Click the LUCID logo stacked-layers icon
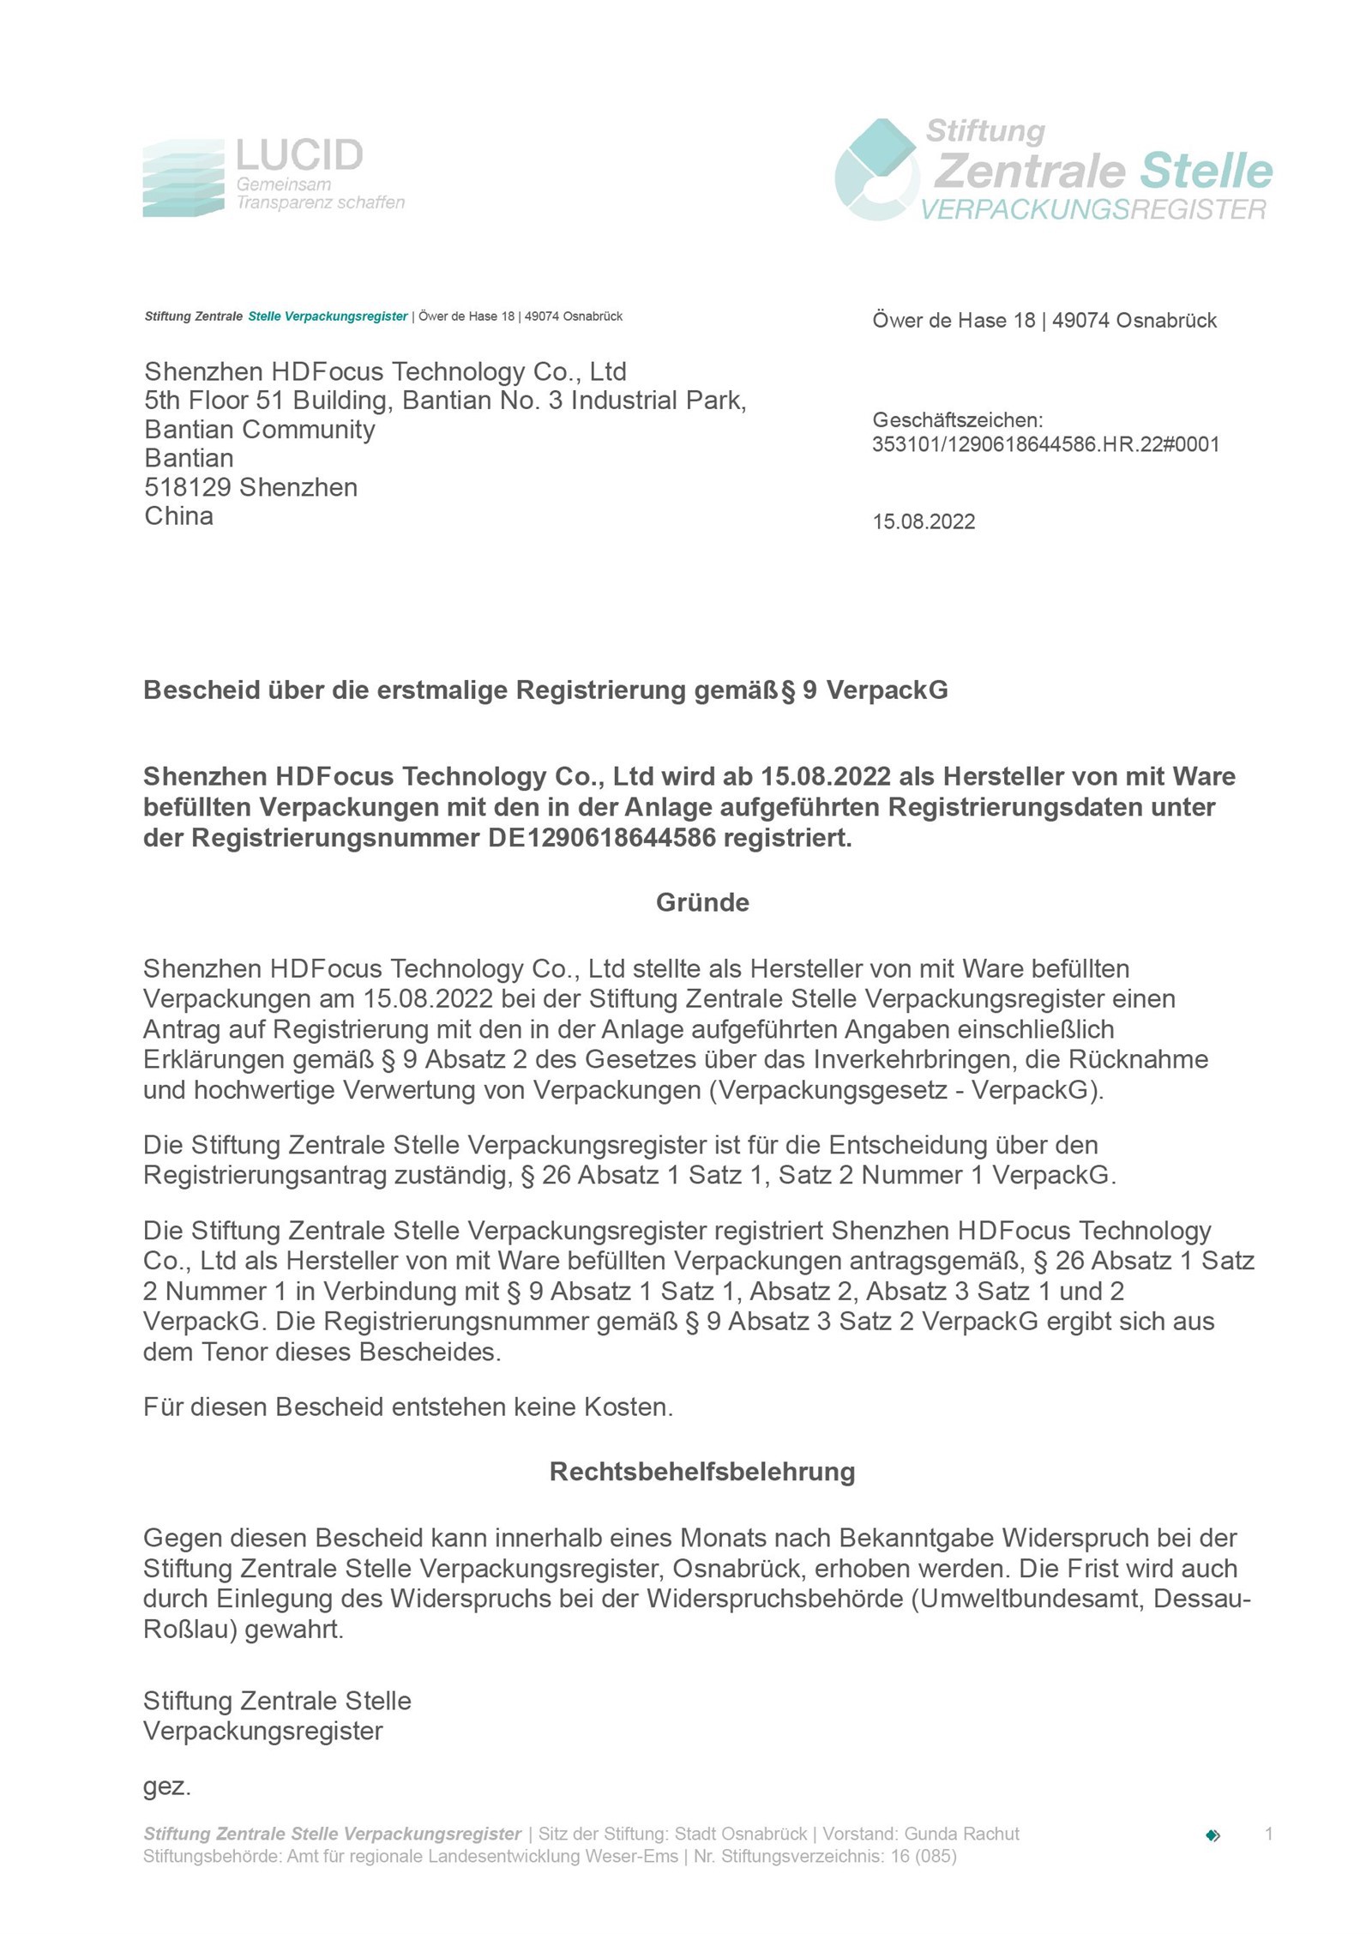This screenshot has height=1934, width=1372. coord(183,178)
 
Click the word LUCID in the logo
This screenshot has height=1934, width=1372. coord(299,155)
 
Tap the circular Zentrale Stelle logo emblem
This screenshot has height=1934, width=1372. coord(876,170)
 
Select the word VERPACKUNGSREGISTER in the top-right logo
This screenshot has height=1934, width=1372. coord(1092,209)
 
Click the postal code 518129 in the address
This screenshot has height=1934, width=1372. coord(188,487)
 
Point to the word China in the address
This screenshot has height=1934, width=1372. coord(178,516)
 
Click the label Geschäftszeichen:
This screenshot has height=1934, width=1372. coord(957,420)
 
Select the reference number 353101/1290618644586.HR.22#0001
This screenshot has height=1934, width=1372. coord(1045,444)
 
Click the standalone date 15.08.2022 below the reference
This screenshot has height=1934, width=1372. coord(924,521)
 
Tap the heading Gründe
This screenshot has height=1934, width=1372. coord(702,902)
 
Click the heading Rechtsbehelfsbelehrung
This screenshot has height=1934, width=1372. coord(702,1472)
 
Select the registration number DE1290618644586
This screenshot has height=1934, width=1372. coord(602,838)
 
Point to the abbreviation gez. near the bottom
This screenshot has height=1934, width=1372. coord(166,1787)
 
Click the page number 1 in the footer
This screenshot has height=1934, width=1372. coord(1268,1834)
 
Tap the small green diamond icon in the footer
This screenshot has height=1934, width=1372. coord(1213,1835)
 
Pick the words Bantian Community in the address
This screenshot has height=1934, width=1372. coord(260,430)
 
